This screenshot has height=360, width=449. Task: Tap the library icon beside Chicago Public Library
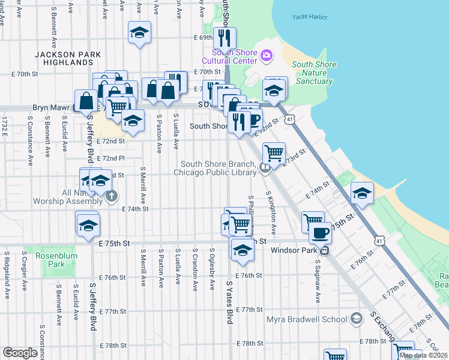click(265, 169)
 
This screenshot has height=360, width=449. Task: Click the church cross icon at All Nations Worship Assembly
click(111, 196)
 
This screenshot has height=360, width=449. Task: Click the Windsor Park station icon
click(324, 250)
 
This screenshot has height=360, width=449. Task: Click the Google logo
click(20, 353)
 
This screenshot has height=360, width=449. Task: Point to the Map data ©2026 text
click(424, 355)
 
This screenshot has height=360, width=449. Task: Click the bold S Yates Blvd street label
click(229, 301)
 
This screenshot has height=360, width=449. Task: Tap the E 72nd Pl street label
click(113, 158)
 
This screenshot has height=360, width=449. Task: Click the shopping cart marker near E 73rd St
click(274, 153)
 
